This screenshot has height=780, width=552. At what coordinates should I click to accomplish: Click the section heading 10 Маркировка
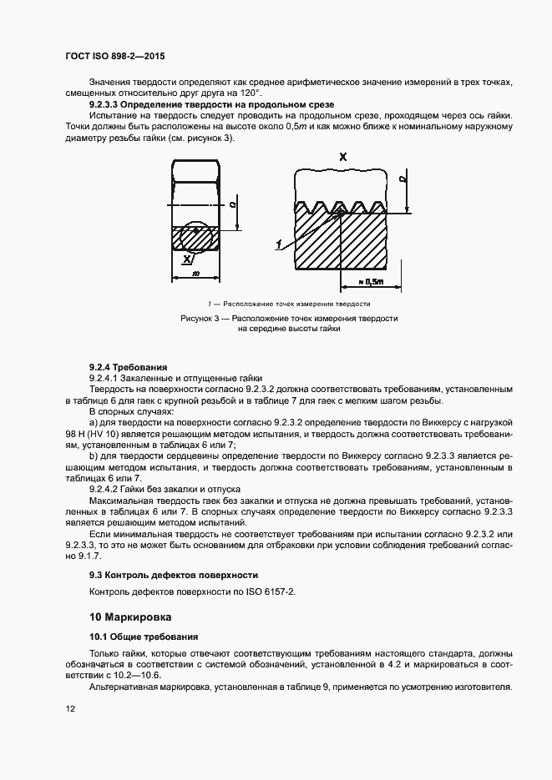click(x=130, y=618)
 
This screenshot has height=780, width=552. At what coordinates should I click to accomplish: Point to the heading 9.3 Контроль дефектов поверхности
click(x=174, y=575)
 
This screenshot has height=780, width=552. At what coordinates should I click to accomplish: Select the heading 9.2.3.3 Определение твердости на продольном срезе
click(x=211, y=105)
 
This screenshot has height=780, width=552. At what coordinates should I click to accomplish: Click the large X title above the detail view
click(x=343, y=156)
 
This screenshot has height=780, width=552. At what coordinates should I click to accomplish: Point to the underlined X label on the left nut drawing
click(x=185, y=259)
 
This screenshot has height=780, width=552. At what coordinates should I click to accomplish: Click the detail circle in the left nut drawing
click(x=199, y=237)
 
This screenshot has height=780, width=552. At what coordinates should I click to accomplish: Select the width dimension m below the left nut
click(x=196, y=273)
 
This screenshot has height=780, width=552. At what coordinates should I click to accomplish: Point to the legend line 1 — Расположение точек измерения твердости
click(x=288, y=304)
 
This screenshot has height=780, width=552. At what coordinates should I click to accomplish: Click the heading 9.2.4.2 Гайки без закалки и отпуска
click(x=165, y=487)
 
